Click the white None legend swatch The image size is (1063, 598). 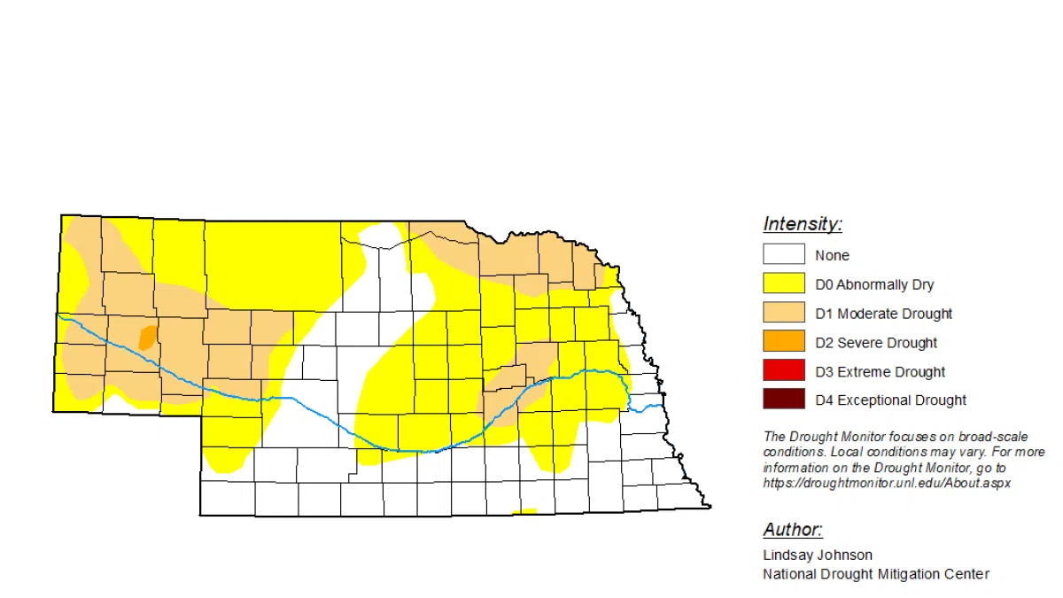[784, 255]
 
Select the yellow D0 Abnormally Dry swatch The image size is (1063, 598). [784, 284]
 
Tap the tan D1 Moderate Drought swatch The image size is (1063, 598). [784, 314]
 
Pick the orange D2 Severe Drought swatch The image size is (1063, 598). [784, 342]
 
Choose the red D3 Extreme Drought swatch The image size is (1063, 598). [784, 371]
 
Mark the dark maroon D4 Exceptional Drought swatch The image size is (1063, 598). [784, 400]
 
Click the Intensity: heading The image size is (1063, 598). [803, 224]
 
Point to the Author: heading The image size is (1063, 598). [793, 530]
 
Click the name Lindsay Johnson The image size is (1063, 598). [818, 555]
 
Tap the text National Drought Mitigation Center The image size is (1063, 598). [876, 574]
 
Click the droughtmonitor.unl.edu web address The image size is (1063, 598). [886, 484]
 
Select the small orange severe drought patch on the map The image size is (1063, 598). [148, 337]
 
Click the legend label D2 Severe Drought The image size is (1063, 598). [876, 343]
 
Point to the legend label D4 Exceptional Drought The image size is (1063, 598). [890, 400]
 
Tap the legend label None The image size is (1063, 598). [832, 256]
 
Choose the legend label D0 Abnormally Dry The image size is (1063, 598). [874, 285]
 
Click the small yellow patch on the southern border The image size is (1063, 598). [524, 511]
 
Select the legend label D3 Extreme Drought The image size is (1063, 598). [880, 372]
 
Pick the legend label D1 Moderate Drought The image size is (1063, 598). [883, 314]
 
